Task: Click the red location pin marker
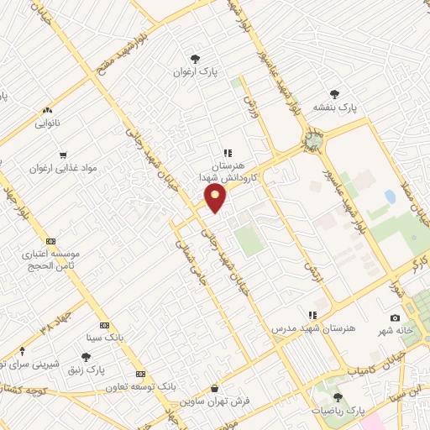click(216, 199)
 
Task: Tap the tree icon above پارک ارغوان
click(195, 59)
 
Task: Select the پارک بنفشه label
click(335, 108)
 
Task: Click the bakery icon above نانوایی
click(47, 109)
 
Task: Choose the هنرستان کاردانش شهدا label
click(229, 173)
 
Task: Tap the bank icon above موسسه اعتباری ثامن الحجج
click(50, 240)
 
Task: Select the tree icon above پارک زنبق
click(86, 357)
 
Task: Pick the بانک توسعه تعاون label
click(141, 387)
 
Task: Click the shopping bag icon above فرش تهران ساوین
click(216, 389)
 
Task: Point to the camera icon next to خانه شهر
click(395, 319)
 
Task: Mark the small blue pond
click(390, 198)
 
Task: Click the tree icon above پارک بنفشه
click(335, 94)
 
